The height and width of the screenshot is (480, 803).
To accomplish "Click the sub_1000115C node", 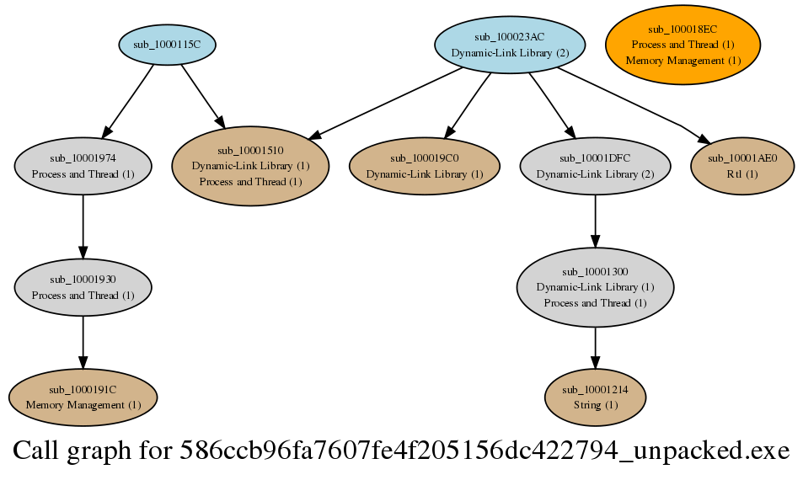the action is point(167,45).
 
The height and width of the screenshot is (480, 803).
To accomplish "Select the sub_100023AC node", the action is point(510,45).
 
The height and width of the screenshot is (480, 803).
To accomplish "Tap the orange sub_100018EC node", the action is point(683,45).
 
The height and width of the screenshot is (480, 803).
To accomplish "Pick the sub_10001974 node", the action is point(83,166).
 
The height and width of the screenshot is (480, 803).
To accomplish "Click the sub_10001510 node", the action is point(250,166).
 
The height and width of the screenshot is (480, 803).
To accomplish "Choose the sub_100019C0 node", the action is point(424,166).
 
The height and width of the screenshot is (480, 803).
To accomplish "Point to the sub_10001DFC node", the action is point(595,166).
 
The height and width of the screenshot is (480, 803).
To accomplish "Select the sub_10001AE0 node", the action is point(742,166).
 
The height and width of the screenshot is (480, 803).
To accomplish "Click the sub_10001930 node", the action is point(83,287).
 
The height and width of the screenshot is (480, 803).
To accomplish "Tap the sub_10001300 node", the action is point(595,287).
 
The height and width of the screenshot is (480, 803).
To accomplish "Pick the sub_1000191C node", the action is point(83,397).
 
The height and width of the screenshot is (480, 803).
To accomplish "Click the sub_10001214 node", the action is point(595,397).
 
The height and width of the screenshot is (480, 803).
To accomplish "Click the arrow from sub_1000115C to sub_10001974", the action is point(127,101).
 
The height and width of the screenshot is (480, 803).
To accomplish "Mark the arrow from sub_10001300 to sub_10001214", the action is point(595,348).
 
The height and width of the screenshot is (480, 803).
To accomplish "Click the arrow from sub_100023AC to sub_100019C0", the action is point(468,105).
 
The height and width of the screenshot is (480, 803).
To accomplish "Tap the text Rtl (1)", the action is point(742,174).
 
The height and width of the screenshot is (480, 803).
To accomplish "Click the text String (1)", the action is point(595,405).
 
